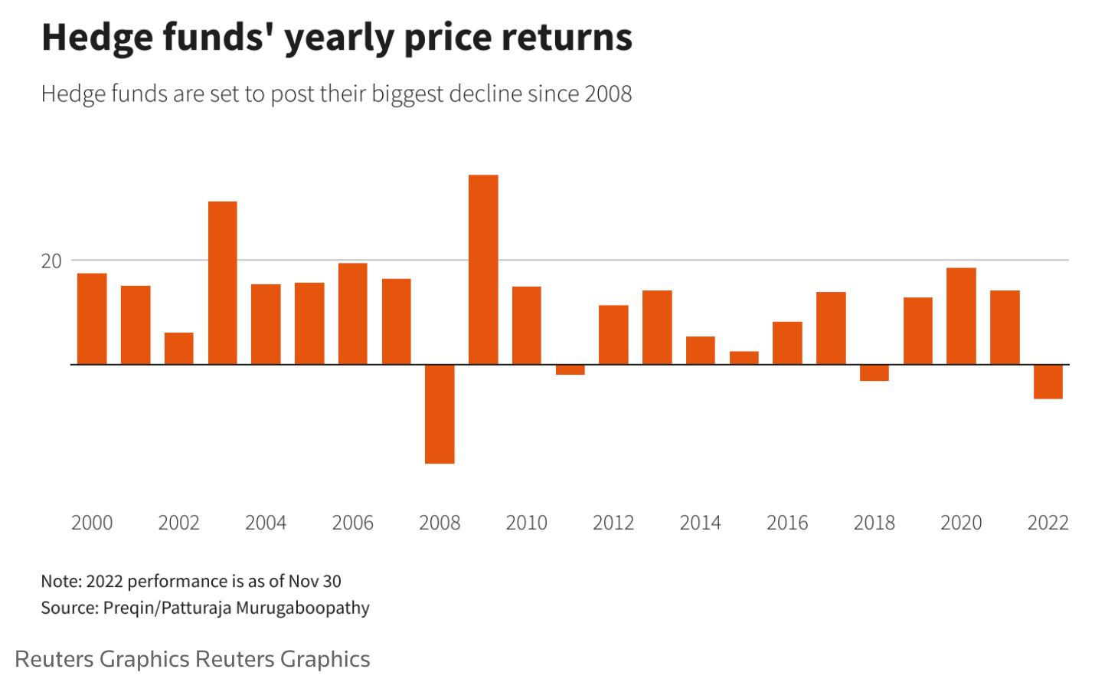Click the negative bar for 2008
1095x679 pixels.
coord(440,414)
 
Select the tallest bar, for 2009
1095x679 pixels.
coord(483,270)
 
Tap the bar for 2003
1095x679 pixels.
coord(222,283)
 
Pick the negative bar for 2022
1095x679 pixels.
coord(1048,382)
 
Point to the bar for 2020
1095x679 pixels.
coord(961,316)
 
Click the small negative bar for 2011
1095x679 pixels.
coord(570,369)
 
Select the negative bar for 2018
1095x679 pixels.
coord(874,372)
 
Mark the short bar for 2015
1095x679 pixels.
coord(744,358)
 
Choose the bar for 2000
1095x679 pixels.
coord(92,319)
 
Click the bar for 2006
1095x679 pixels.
coord(352,313)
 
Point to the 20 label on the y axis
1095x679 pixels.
coord(51,261)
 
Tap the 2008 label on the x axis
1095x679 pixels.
coord(440,523)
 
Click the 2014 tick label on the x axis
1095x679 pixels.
coord(700,523)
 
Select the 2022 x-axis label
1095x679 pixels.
coord(1048,523)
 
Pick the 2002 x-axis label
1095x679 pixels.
coord(178,523)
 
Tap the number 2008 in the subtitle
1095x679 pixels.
coord(608,94)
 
